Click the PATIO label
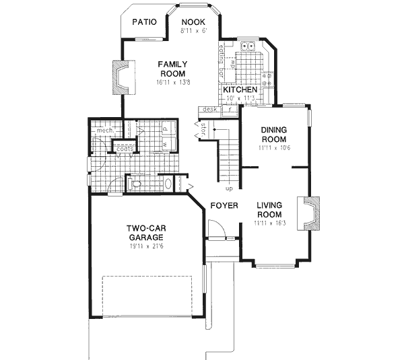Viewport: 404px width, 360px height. click(144, 22)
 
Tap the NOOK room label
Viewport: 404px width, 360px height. click(193, 21)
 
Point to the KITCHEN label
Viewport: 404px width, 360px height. click(240, 89)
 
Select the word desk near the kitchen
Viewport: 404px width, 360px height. click(208, 109)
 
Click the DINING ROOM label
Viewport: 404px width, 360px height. click(275, 135)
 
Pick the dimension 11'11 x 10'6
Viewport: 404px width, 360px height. click(274, 147)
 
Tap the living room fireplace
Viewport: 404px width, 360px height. click(312, 212)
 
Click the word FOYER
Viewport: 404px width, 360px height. click(222, 206)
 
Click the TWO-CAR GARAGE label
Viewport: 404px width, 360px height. click(146, 233)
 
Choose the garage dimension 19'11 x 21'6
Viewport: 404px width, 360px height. click(146, 246)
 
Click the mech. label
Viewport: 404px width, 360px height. click(102, 131)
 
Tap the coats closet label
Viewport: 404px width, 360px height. click(125, 149)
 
